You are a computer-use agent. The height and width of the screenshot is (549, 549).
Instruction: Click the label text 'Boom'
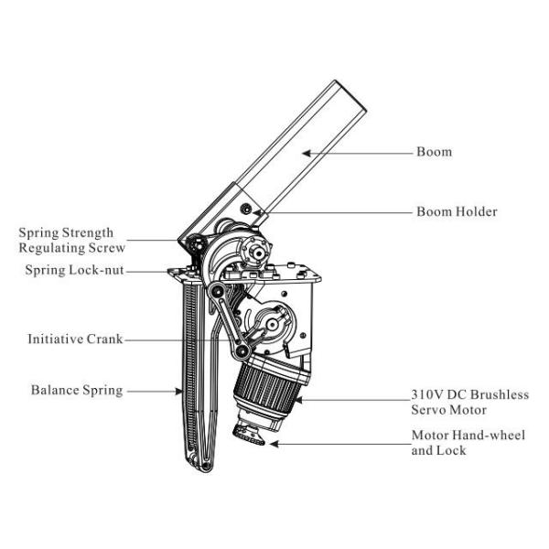434,152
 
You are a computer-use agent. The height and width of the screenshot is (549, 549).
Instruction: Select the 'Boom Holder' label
457,212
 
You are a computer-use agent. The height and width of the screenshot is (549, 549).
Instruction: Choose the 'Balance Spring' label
77,391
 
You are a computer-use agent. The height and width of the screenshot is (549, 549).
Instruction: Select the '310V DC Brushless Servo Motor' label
469,403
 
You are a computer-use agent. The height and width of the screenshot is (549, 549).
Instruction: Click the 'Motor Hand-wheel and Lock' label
468,443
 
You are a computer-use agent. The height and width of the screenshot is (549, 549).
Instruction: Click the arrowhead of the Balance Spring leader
182,392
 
